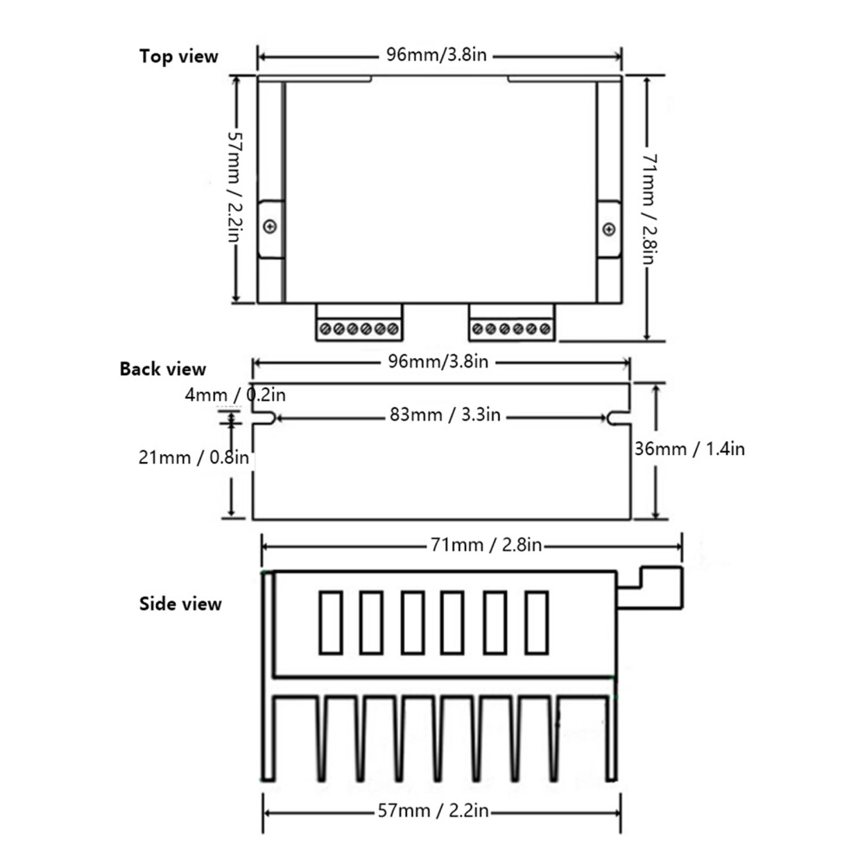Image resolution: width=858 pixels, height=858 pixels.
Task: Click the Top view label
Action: [179, 55]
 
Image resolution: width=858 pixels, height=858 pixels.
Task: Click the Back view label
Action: [163, 369]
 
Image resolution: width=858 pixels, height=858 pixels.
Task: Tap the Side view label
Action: [180, 603]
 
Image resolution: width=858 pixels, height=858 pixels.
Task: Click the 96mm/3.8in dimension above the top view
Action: [436, 55]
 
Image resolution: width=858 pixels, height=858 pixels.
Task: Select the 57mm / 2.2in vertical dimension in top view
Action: [235, 187]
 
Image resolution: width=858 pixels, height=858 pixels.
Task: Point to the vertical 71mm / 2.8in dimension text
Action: [649, 209]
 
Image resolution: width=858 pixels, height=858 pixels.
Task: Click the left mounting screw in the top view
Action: [270, 226]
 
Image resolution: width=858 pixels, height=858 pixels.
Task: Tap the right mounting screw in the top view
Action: [608, 230]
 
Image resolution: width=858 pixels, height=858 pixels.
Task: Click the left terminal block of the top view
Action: [359, 323]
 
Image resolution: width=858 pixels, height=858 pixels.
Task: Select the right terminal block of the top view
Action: [511, 323]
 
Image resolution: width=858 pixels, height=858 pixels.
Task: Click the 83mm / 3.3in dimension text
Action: [445, 415]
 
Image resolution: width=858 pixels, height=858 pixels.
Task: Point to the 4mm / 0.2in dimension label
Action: [235, 394]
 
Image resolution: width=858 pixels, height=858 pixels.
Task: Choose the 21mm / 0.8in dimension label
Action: [193, 457]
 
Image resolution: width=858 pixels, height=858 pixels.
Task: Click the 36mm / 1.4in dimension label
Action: [690, 449]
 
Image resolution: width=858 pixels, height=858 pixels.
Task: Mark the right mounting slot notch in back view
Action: [618, 418]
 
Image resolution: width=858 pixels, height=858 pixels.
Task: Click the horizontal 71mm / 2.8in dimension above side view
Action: [486, 545]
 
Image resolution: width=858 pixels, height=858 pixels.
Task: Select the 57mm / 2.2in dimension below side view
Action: [432, 810]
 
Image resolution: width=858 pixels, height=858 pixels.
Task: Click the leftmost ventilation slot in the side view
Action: [330, 623]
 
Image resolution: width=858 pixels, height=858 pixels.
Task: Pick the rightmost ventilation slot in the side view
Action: [536, 623]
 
